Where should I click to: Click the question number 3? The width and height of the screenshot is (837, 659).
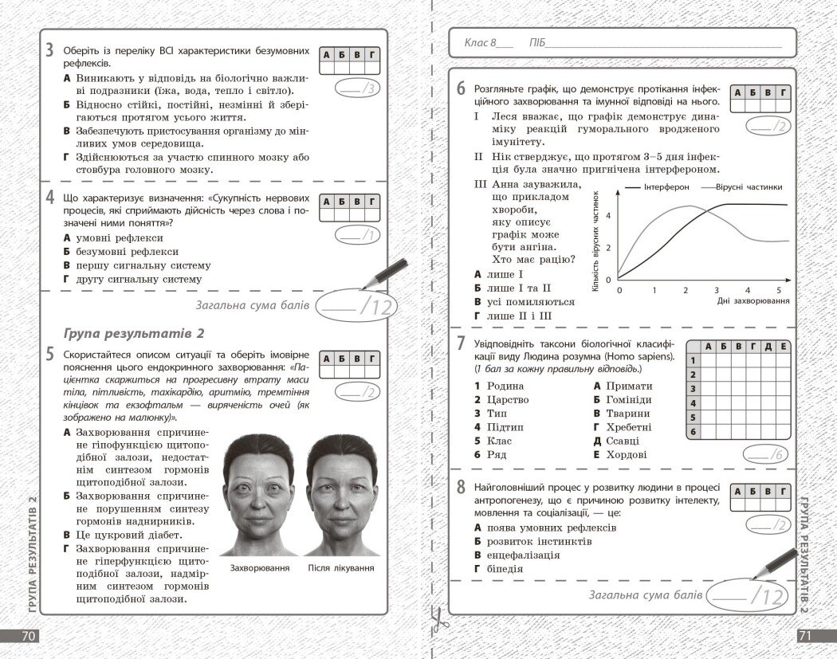(49, 50)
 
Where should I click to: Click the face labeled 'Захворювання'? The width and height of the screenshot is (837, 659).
(259, 495)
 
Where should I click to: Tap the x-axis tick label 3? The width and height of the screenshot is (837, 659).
(716, 290)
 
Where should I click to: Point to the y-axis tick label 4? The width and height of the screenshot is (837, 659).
(608, 216)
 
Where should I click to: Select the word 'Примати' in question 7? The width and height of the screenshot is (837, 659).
(628, 386)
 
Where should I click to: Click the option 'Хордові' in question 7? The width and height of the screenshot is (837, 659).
(627, 455)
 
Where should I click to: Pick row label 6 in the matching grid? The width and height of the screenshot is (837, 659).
(693, 432)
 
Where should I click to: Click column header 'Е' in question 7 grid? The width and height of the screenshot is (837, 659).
(783, 347)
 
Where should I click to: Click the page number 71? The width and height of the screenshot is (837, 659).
(807, 636)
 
